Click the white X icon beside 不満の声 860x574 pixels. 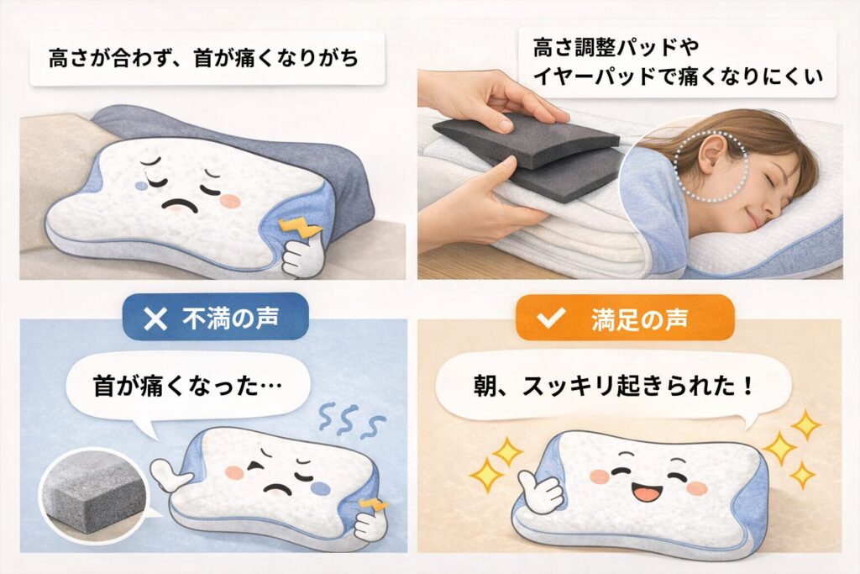click(155, 319)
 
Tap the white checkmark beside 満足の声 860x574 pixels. click(551, 318)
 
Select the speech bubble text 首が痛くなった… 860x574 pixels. click(187, 387)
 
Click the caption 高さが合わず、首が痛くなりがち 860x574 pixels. click(203, 59)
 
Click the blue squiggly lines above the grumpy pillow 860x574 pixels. click(352, 420)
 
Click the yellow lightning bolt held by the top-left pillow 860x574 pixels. click(294, 229)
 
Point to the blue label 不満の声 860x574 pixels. click(215, 318)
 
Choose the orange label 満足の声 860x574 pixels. click(625, 318)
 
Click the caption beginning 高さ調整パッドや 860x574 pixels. click(678, 62)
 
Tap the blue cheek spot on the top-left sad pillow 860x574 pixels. click(141, 187)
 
